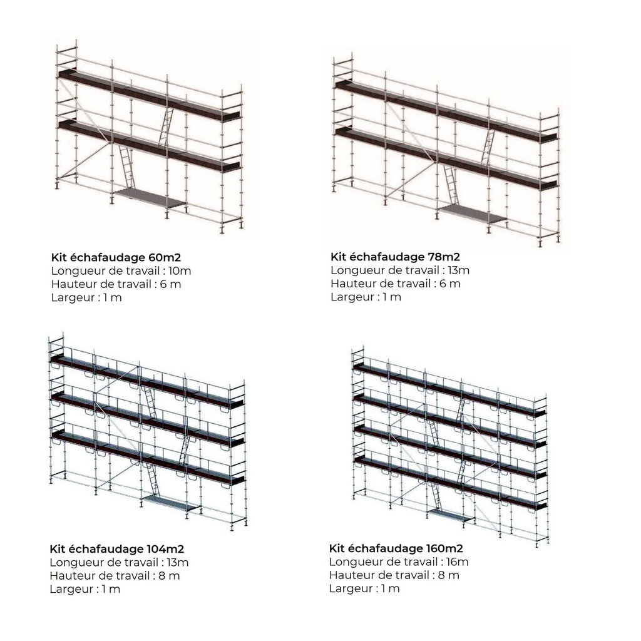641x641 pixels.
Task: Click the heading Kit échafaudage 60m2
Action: pyautogui.click(x=116, y=257)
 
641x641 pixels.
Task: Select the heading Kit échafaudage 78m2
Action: pyautogui.click(x=396, y=257)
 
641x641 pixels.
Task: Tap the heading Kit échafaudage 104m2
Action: pyautogui.click(x=117, y=549)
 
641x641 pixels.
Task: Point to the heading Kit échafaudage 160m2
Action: pyautogui.click(x=396, y=548)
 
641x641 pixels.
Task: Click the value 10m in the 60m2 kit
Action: pyautogui.click(x=180, y=271)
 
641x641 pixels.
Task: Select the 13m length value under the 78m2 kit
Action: pyautogui.click(x=458, y=270)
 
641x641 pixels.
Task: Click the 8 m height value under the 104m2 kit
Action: pyautogui.click(x=169, y=576)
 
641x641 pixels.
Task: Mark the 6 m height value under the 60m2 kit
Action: pyautogui.click(x=170, y=285)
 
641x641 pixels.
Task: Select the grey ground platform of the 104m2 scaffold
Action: pyautogui.click(x=171, y=503)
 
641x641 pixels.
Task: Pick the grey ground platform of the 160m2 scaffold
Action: pyautogui.click(x=450, y=516)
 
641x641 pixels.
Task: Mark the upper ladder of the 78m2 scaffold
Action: pyautogui.click(x=488, y=149)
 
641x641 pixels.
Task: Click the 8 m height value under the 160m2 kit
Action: pyautogui.click(x=449, y=576)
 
